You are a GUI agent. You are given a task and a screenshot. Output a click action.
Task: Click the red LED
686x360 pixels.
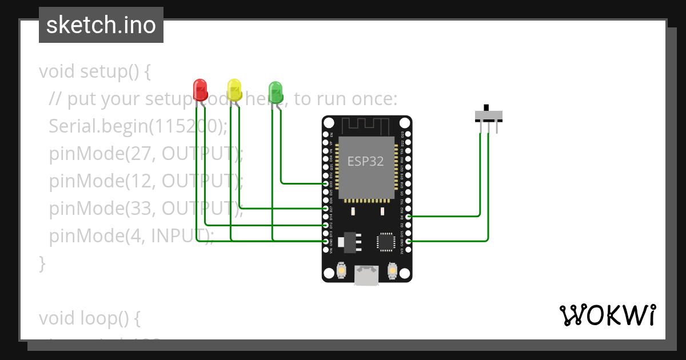coord(200,90)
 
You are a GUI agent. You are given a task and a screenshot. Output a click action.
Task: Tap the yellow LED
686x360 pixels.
coord(234,90)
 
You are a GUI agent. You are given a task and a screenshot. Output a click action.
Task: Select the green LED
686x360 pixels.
coord(276,91)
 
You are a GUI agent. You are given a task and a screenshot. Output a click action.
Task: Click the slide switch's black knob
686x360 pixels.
coord(487,107)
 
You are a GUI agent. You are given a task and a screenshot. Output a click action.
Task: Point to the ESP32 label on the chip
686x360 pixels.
coord(365,161)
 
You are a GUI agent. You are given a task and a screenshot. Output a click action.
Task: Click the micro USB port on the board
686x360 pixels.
coord(366,275)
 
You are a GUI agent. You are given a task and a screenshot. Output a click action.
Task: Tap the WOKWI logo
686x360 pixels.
coord(607,315)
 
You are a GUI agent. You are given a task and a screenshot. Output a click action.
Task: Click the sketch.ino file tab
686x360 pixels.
coord(101,25)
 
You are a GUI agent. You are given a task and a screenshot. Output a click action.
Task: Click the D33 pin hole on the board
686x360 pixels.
coord(326,184)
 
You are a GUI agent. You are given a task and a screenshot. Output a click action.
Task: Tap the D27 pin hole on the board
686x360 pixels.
coord(326,209)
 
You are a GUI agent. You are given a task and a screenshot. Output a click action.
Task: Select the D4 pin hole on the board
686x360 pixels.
coord(408,217)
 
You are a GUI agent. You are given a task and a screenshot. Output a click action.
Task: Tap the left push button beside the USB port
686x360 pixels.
coord(341,269)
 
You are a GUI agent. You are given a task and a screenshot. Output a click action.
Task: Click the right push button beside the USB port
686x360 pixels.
coord(392,269)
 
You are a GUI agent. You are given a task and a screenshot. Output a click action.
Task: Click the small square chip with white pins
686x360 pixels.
coord(386,242)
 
